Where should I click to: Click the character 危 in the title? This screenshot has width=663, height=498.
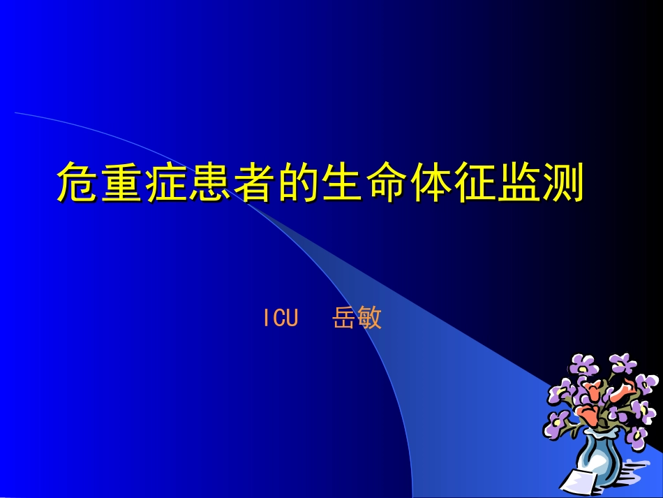pyautogui.click(x=78, y=182)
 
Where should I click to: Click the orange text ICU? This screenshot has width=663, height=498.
pyautogui.click(x=281, y=318)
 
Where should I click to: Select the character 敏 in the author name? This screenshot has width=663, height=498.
pyautogui.click(x=370, y=318)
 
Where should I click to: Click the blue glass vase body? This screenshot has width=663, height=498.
pyautogui.click(x=599, y=462)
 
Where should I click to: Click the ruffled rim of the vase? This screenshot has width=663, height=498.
pyautogui.click(x=601, y=434)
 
